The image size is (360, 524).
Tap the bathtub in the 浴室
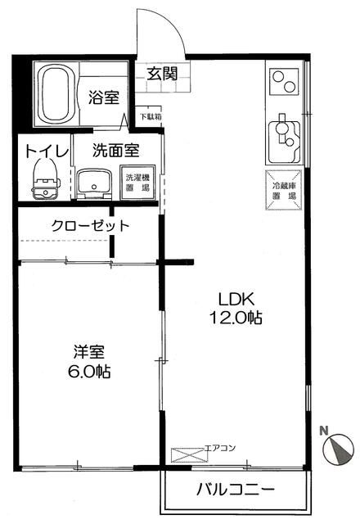pyautogui.click(x=55, y=92)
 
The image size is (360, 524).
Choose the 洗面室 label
pyautogui.click(x=115, y=151)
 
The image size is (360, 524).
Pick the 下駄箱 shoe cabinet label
pyautogui.click(x=149, y=116)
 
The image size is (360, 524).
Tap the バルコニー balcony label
pyautogui.click(x=235, y=490)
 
